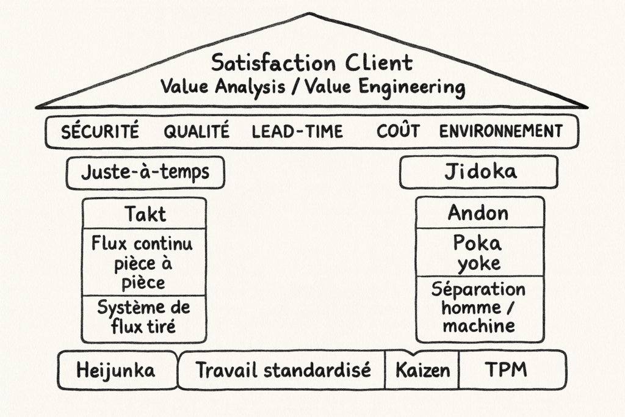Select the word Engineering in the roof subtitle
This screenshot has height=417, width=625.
pyautogui.click(x=412, y=87)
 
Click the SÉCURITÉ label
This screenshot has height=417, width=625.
pyautogui.click(x=100, y=131)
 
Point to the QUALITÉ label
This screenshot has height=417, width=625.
pyautogui.click(x=197, y=131)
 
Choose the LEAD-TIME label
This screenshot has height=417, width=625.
pyautogui.click(x=297, y=131)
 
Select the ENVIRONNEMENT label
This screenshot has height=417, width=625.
pyautogui.click(x=500, y=131)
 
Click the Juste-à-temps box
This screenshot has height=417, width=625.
pyautogui.click(x=145, y=173)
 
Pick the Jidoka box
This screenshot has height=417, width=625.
pyautogui.click(x=479, y=172)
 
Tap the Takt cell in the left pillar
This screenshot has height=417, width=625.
pyautogui.click(x=144, y=213)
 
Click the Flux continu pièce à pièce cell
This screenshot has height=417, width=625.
pyautogui.click(x=144, y=263)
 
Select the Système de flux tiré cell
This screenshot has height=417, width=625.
pyautogui.click(x=144, y=319)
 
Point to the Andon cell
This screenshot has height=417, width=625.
pyautogui.click(x=480, y=212)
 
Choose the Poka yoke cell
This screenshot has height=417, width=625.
pyautogui.click(x=480, y=252)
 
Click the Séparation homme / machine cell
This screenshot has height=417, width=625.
pyautogui.click(x=480, y=309)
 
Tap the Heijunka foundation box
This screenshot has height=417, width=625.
pyautogui.click(x=117, y=371)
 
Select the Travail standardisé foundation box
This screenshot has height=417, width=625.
pyautogui.click(x=281, y=371)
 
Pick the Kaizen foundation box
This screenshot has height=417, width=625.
pyautogui.click(x=422, y=371)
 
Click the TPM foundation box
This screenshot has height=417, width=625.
pyautogui.click(x=513, y=371)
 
